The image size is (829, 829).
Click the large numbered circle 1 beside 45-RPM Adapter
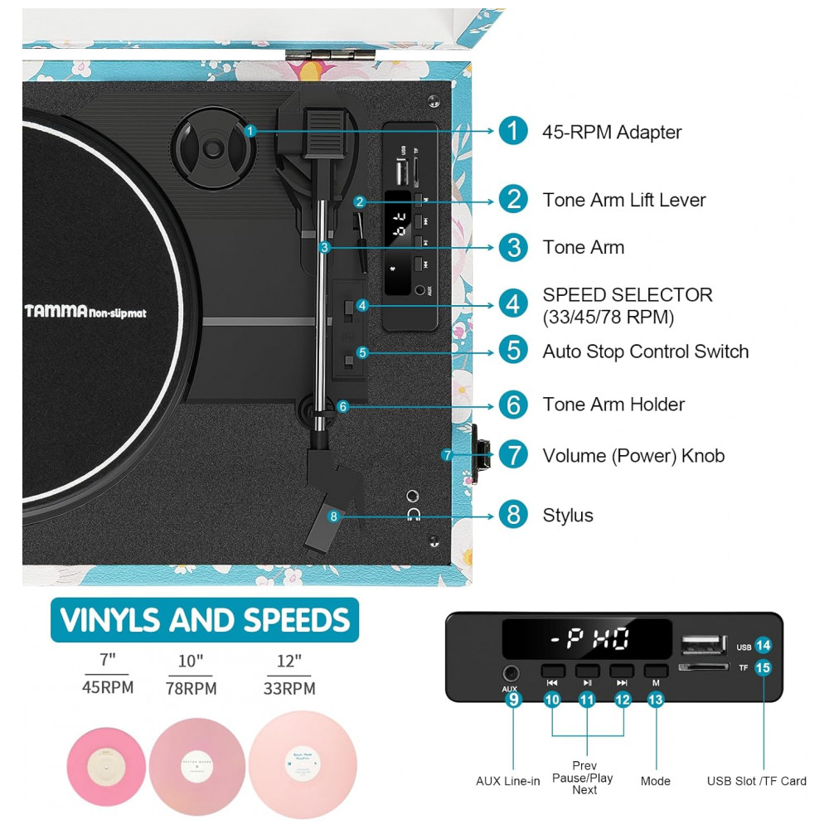pos(513,131)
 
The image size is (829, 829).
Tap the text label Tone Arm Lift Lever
pos(624,200)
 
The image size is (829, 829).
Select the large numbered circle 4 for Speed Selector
pos(513,303)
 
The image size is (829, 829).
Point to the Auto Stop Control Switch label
pos(645,351)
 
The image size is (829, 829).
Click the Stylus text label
pos(568,515)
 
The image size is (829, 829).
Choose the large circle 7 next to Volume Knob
pos(513,455)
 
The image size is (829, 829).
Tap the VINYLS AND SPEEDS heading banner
pos(205,619)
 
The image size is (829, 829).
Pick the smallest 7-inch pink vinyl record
pos(106,763)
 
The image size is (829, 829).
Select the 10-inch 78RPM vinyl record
pos(196,760)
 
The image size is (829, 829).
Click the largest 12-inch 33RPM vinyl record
pos(303,764)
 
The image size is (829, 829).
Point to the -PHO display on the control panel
pos(585,639)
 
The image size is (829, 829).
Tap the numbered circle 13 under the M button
pos(656,698)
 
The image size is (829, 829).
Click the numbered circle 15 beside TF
pos(764,667)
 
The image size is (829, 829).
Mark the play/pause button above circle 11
pos(587,671)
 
